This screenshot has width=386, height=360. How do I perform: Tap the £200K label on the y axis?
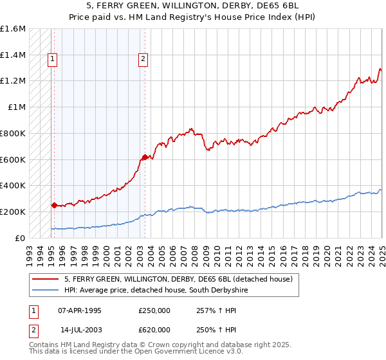[13, 212]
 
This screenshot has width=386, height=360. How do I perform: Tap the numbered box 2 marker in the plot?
[143, 59]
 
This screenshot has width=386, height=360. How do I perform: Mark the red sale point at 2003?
[145, 157]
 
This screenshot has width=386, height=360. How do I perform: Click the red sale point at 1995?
[54, 205]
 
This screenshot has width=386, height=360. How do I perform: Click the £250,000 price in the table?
[155, 310]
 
